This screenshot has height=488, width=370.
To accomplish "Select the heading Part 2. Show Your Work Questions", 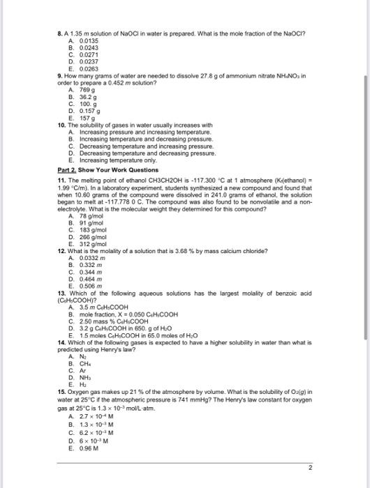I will (108, 169).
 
